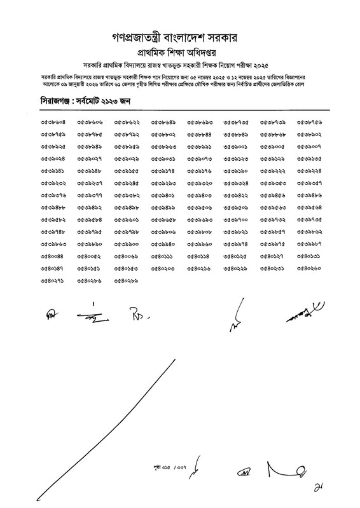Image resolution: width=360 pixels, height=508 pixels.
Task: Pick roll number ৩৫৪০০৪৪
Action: pyautogui.click(x=53, y=256)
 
